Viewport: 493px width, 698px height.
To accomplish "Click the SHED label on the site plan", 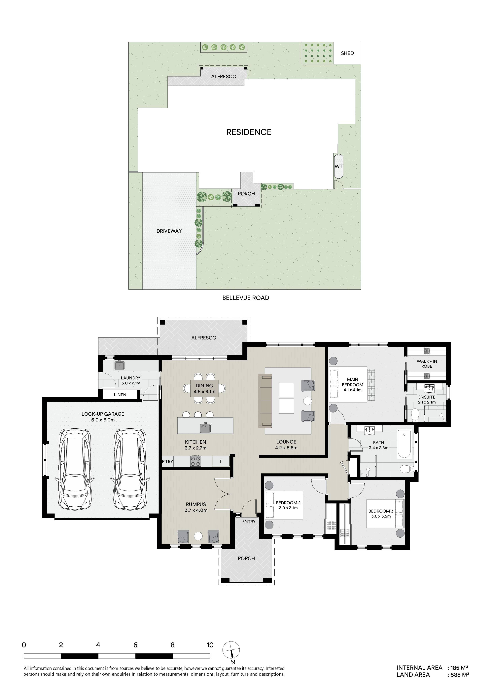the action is (347, 53).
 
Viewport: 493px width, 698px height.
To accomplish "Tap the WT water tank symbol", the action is (338, 167).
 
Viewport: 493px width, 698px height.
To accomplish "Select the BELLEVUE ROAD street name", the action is (246, 298).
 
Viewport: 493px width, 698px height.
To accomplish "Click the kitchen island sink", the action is (205, 428).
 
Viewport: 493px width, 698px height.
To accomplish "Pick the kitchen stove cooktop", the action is (195, 461).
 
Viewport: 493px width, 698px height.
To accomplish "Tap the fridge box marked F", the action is (221, 461).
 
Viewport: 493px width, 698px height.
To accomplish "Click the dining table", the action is (204, 389).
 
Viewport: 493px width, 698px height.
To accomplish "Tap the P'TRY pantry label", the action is (167, 461).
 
